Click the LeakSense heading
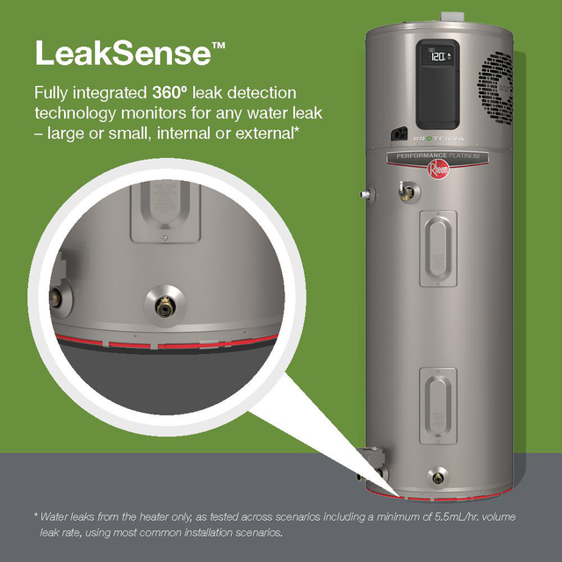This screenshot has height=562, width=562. click(x=122, y=52)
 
